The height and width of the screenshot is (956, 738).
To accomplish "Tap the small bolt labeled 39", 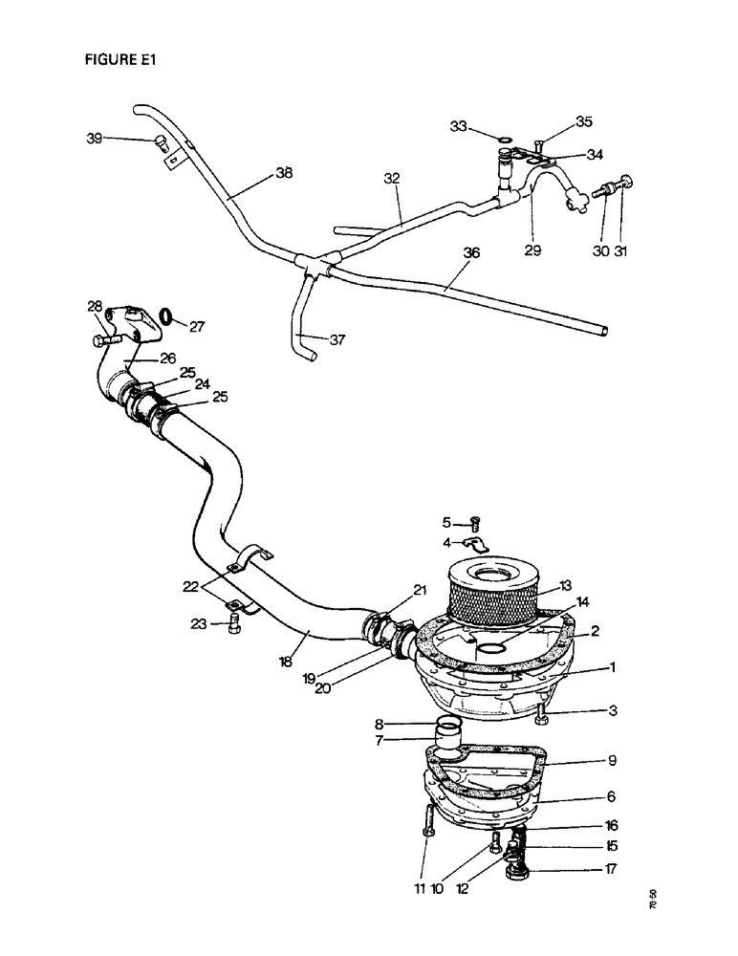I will [x=160, y=143].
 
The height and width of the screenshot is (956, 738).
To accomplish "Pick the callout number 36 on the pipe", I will [x=471, y=253].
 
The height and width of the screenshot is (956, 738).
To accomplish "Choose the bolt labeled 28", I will [x=105, y=338].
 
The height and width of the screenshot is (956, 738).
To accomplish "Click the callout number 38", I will [x=283, y=173].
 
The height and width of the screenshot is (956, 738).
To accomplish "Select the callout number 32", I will [x=392, y=178].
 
